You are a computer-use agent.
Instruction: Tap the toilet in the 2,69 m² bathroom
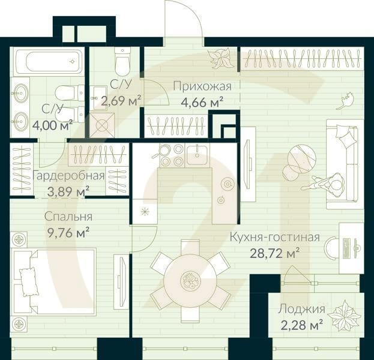tap(122, 59)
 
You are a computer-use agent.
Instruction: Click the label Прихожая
tap(202, 85)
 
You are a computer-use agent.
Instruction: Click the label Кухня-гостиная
tap(274, 237)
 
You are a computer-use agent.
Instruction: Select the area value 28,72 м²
tap(274, 251)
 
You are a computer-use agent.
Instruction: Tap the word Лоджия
tap(301, 310)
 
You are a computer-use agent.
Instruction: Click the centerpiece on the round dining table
tap(192, 280)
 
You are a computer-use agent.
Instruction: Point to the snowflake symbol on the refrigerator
tap(144, 211)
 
